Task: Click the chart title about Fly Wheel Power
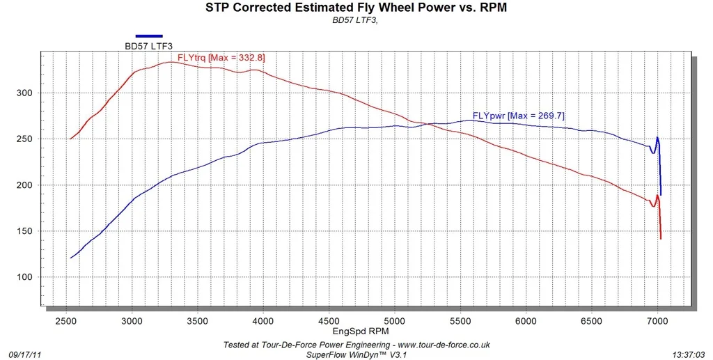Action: (x=356, y=7)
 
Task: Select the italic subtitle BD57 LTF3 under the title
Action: (x=355, y=20)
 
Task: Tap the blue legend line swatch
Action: (x=149, y=36)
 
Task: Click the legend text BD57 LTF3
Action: (x=149, y=46)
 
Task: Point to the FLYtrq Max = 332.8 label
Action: (x=221, y=58)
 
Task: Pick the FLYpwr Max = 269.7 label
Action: (x=519, y=116)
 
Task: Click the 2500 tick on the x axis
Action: (x=66, y=321)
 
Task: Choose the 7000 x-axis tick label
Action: (x=657, y=321)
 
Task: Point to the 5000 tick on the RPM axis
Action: (x=395, y=321)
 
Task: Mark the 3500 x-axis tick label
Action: (x=198, y=321)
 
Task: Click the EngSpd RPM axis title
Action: (x=361, y=331)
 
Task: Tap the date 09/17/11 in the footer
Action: (x=25, y=354)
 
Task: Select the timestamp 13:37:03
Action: (x=689, y=354)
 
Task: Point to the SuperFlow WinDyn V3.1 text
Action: (x=356, y=354)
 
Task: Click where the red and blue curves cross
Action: (x=427, y=124)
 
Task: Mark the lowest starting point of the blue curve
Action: (x=70, y=258)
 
